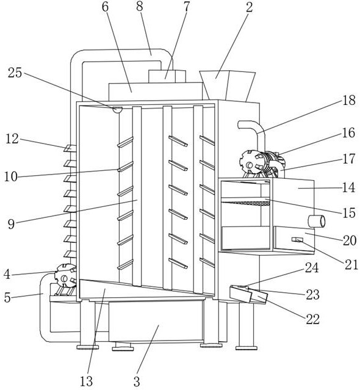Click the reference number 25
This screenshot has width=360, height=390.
click(15, 73)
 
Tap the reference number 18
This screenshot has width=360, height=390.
click(349, 101)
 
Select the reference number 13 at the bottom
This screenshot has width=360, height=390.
click(86, 381)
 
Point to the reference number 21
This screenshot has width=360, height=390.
click(351, 265)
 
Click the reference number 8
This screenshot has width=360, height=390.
click(140, 6)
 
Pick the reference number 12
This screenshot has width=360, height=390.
click(12, 139)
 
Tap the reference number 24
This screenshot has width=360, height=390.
click(312, 268)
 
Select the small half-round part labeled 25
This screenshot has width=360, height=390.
click(117, 109)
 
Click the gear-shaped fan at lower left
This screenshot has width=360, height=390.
click(65, 276)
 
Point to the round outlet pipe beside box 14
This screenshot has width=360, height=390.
click(317, 222)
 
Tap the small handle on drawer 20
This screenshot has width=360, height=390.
click(297, 239)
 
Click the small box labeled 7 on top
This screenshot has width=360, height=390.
click(167, 76)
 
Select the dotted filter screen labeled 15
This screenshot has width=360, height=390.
click(245, 203)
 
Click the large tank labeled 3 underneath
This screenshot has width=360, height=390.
click(156, 322)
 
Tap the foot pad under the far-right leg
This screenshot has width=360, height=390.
click(247, 348)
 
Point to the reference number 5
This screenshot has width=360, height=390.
click(7, 297)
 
